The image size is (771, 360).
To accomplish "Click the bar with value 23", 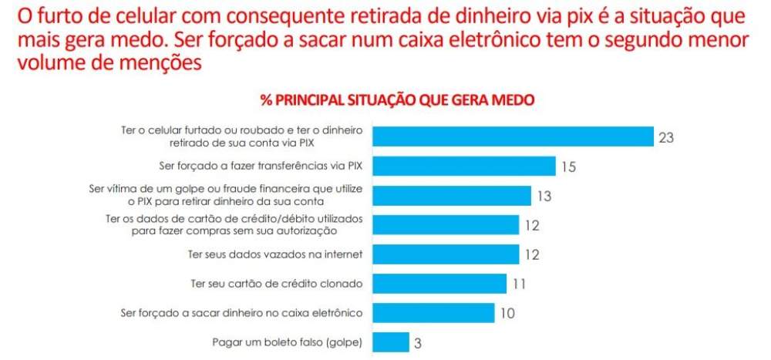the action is coord(513,136).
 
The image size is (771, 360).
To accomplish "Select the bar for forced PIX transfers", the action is coord(464,167).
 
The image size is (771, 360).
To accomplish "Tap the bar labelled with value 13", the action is coord(452,195).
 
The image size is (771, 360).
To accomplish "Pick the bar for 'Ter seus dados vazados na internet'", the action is coord(446,254).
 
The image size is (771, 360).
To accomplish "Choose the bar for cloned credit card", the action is coord(439,284).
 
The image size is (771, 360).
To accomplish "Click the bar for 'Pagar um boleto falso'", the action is coord(391,342).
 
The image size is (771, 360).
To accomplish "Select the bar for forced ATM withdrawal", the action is coord(433,313).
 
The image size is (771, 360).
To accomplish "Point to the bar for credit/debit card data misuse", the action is coord(446,225).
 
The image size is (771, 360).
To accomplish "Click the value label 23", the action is coord(666,138).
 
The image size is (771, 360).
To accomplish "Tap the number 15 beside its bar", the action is coord(568,167).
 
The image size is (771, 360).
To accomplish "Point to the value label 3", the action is coord(417,343).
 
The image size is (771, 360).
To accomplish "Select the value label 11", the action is coord(519,284).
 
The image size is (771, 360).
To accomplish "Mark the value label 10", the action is coord(507,313).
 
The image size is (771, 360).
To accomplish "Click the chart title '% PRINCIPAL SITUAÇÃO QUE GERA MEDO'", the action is coord(397,100).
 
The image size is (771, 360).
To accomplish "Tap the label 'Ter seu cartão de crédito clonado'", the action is coord(276,284).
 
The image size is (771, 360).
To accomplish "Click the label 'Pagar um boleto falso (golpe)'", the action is coord(288,343).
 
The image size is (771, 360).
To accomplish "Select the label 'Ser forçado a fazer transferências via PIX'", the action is coord(261,167).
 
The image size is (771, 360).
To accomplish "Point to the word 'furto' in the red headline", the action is coord(69,17).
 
